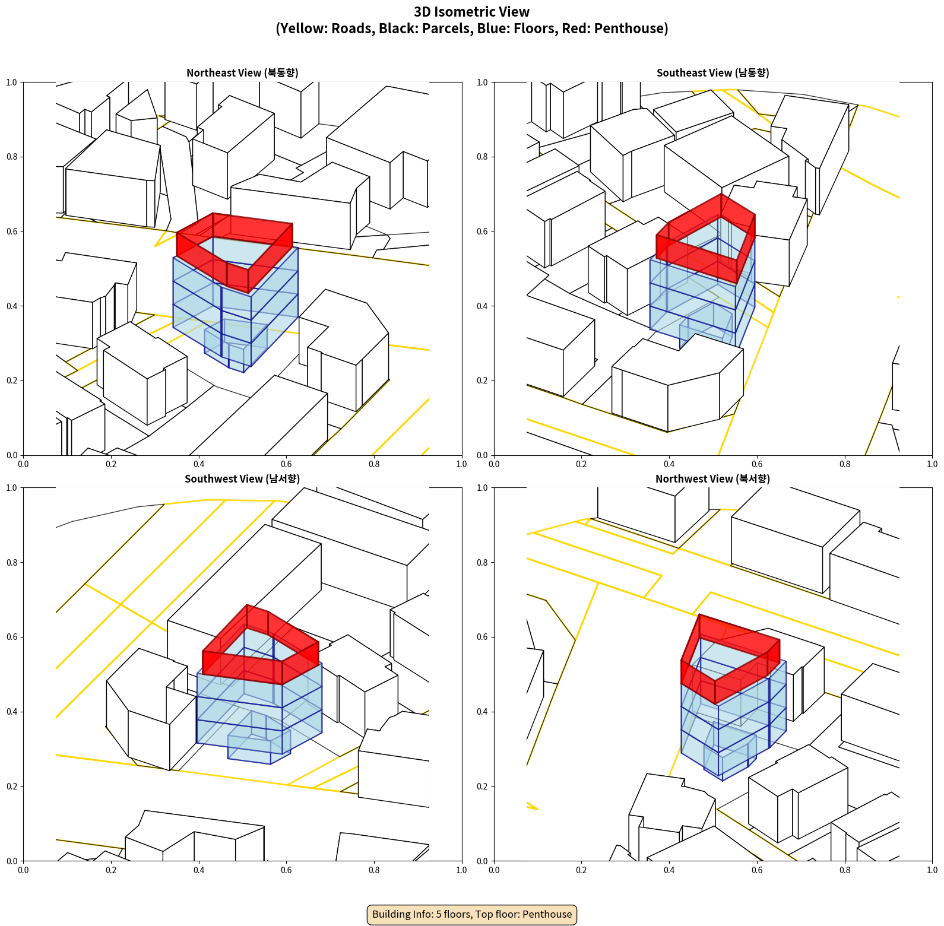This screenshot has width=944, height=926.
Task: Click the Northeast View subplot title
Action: [x=242, y=73]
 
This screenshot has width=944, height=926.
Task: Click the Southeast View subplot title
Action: [x=712, y=73]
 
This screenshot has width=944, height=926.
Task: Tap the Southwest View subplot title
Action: [x=242, y=479]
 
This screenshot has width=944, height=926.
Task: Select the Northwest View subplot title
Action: [x=712, y=479]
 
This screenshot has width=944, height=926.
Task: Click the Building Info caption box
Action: [x=472, y=914]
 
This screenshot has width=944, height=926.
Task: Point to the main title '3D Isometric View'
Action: [x=472, y=12]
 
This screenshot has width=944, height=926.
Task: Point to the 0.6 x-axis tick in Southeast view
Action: [x=757, y=464]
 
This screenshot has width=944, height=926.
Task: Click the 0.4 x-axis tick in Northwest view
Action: [x=669, y=870]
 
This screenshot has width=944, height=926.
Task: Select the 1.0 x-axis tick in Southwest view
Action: [x=461, y=870]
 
